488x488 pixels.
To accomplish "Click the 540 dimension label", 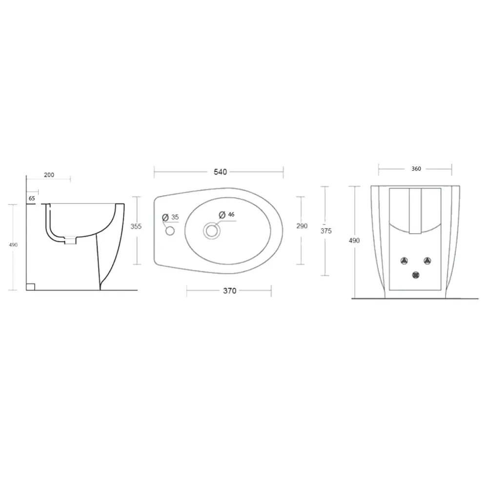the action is (220, 172).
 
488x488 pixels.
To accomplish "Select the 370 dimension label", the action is (230, 291).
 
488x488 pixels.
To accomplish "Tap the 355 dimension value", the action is (136, 226).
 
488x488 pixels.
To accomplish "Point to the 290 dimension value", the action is (302, 226).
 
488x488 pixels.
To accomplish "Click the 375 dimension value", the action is (326, 231).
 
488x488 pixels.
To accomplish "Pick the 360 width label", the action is (416, 169).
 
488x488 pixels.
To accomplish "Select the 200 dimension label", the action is (49, 175).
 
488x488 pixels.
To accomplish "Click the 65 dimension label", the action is (32, 198).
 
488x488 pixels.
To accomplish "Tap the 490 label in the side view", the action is (13, 245).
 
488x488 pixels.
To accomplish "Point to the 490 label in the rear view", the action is (354, 240).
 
